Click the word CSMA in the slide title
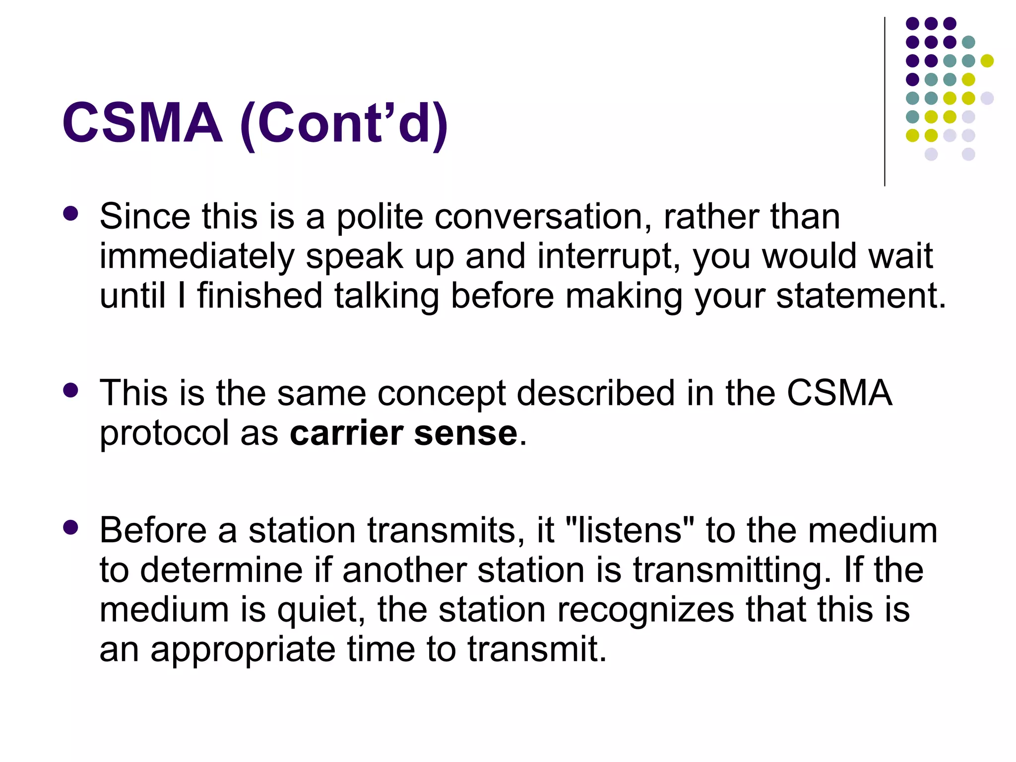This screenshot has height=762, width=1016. coord(142,123)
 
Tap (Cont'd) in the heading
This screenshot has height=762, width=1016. coord(344,124)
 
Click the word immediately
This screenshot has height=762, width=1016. coord(197,257)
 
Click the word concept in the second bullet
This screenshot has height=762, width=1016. coord(442,393)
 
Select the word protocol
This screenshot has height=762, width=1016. coord(164,434)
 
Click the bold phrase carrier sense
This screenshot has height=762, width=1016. coord(404,433)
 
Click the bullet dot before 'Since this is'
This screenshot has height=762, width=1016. coord(71,214)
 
